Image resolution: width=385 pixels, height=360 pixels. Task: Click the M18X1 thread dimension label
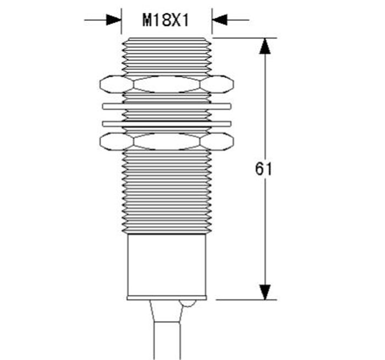(x=166, y=20)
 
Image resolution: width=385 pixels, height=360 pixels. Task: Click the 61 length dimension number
(x=263, y=169)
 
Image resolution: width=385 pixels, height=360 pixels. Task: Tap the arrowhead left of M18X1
(x=114, y=20)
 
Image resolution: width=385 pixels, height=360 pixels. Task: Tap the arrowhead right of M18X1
(x=219, y=20)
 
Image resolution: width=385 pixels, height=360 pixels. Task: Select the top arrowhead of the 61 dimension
(x=265, y=46)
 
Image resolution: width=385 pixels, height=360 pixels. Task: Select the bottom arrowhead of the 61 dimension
(x=265, y=292)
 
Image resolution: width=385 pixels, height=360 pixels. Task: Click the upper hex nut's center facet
(x=167, y=84)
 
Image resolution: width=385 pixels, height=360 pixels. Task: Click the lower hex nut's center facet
(x=167, y=141)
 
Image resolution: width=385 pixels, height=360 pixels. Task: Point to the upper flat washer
(x=167, y=106)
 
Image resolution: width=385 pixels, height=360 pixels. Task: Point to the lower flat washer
(x=167, y=124)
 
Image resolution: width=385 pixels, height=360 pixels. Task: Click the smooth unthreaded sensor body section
(x=167, y=265)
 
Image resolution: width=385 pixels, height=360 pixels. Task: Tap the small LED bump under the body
(x=188, y=303)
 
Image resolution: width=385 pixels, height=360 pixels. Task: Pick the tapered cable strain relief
(x=167, y=311)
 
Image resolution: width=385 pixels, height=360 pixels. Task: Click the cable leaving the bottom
(x=167, y=341)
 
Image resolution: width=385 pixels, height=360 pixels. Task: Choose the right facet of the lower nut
(x=217, y=141)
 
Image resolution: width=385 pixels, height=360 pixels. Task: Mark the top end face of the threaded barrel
(x=167, y=38)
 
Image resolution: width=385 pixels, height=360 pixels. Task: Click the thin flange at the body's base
(x=167, y=298)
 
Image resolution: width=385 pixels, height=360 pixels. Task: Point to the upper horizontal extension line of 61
(x=245, y=38)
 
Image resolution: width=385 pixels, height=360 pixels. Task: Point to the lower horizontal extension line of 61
(x=246, y=300)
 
